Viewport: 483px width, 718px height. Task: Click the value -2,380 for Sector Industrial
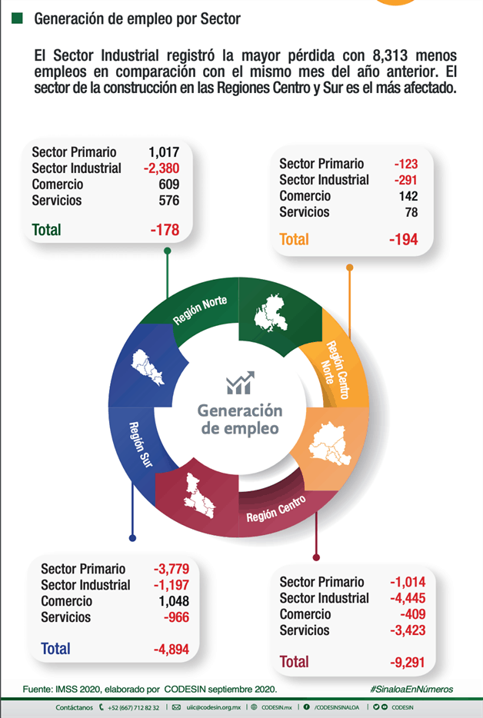(x=162, y=168)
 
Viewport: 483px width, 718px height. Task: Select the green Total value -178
(x=165, y=229)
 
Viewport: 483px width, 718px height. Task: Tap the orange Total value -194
(x=404, y=239)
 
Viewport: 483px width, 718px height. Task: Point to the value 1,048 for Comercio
(x=174, y=601)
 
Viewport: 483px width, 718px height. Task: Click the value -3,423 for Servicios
(x=408, y=630)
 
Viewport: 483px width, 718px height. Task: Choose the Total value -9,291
(x=408, y=662)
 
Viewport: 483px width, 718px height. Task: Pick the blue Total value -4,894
(x=171, y=649)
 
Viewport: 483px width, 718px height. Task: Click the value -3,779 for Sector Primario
(x=172, y=569)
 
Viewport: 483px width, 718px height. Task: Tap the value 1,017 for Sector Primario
(x=164, y=152)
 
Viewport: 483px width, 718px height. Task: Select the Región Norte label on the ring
(x=200, y=310)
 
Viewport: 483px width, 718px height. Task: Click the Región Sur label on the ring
(x=140, y=444)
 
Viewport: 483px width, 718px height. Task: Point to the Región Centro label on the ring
(x=276, y=508)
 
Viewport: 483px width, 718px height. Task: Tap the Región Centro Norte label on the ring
(x=335, y=370)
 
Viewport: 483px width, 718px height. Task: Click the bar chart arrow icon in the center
(x=240, y=383)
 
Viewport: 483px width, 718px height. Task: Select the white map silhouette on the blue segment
(x=147, y=367)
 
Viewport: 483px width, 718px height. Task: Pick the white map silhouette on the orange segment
(x=330, y=444)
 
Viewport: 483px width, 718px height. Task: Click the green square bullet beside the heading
(x=17, y=18)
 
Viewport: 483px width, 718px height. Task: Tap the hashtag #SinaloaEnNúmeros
(x=411, y=689)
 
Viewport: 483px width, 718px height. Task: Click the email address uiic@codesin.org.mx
(x=214, y=707)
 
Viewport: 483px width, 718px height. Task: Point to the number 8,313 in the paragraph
(x=390, y=55)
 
